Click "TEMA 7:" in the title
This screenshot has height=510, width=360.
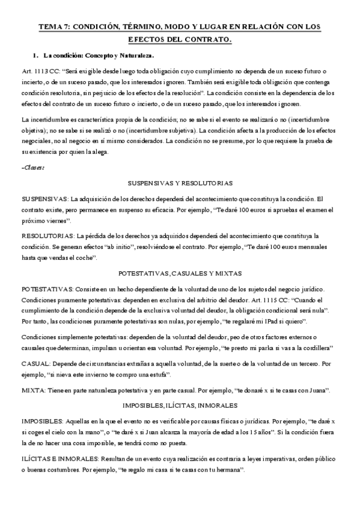tap(53, 27)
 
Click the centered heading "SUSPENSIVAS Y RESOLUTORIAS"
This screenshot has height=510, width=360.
tap(180, 182)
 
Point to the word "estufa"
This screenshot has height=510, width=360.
tap(159, 375)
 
